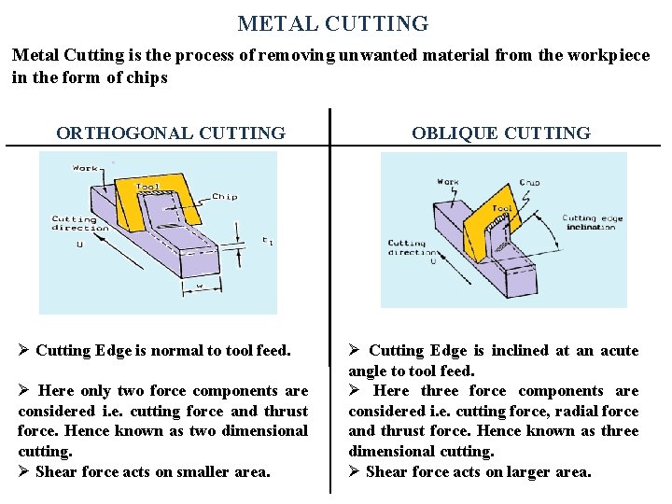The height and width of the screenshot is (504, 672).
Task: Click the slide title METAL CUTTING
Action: (x=332, y=23)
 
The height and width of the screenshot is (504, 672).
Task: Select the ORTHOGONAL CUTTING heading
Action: (x=171, y=133)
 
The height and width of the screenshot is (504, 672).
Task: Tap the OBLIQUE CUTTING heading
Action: (x=501, y=133)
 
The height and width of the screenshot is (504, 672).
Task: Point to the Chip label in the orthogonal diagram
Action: (x=224, y=196)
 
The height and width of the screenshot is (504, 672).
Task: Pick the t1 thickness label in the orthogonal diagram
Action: (x=267, y=241)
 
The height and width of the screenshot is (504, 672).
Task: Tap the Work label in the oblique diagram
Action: (x=448, y=182)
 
